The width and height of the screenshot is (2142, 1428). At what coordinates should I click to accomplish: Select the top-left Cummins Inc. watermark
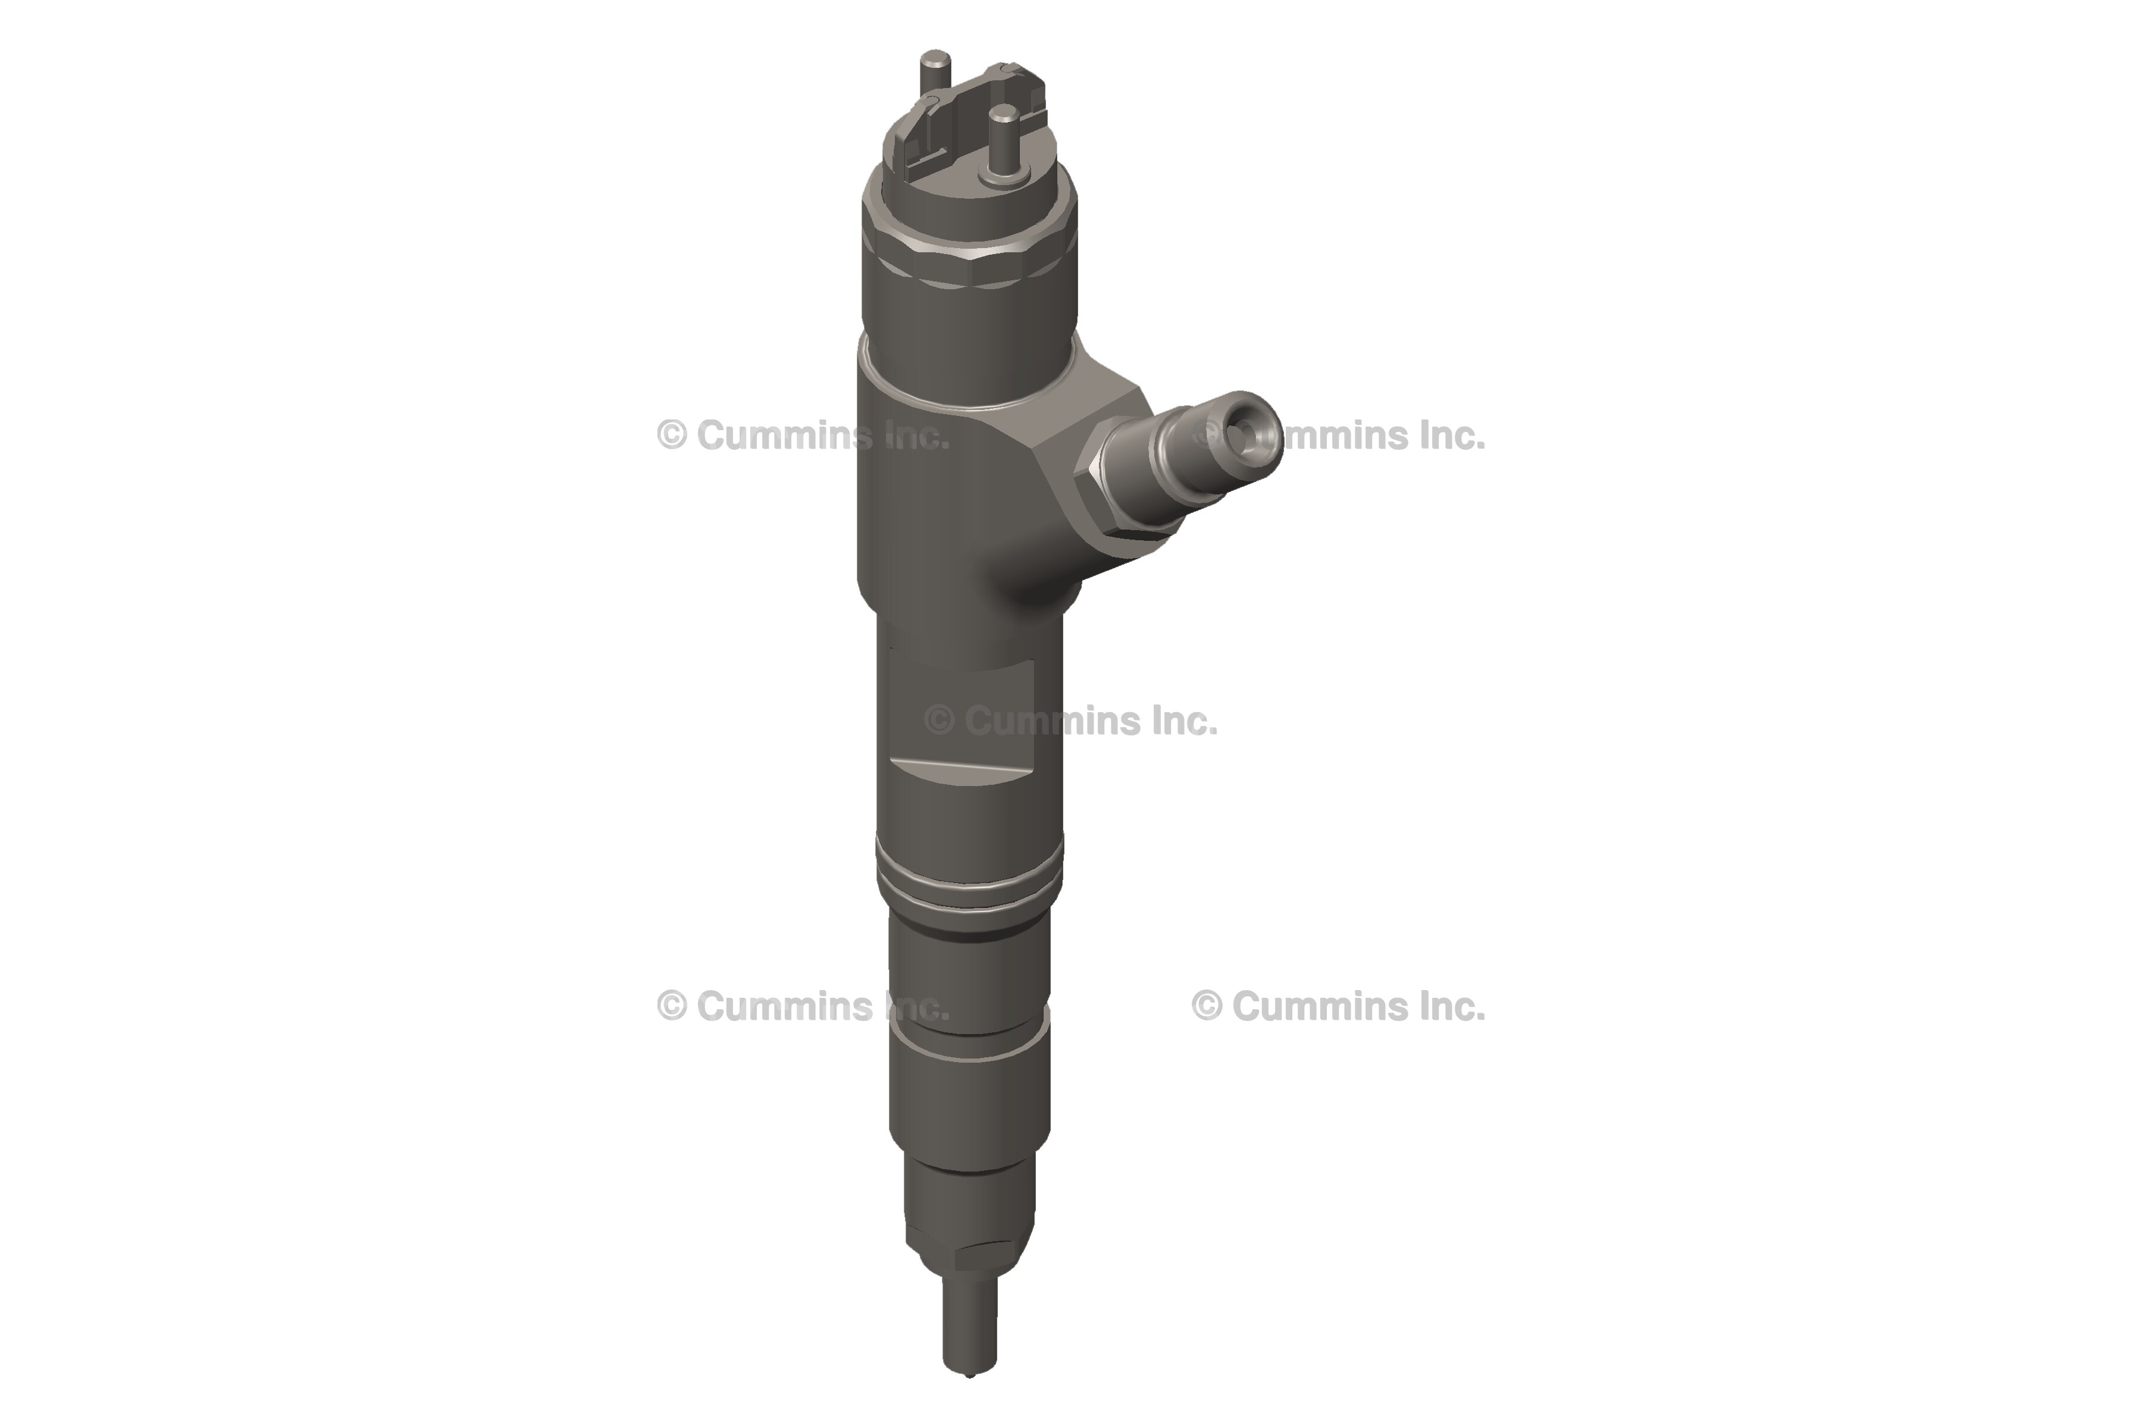803,436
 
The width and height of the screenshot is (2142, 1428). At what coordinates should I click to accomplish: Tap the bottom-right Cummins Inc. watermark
1339,1006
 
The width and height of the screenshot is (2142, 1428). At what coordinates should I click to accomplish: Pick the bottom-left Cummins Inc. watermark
803,1006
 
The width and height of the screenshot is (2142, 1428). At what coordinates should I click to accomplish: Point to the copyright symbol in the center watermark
939,721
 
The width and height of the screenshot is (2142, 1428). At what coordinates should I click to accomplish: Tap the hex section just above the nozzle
968,1252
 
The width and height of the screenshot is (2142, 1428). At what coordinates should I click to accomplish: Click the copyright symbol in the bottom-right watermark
1207,1006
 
